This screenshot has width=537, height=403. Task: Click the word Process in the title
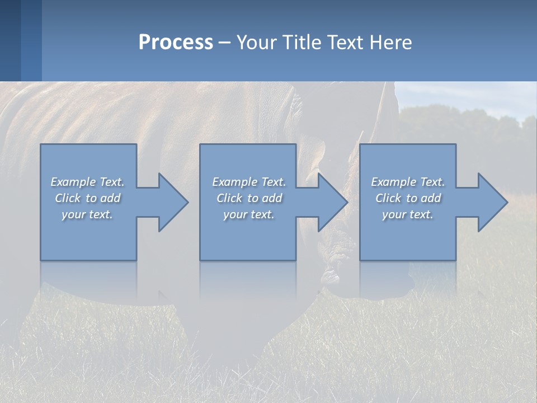[x=176, y=43]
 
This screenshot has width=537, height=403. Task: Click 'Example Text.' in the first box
[x=87, y=182]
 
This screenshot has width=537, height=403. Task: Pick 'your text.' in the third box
[x=408, y=214]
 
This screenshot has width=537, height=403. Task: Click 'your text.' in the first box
[x=87, y=214]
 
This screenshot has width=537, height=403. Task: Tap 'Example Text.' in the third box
[x=408, y=182]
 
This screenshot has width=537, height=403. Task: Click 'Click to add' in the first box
[x=87, y=198]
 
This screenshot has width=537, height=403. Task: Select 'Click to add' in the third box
[x=408, y=198]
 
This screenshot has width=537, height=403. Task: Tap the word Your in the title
[x=256, y=43]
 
